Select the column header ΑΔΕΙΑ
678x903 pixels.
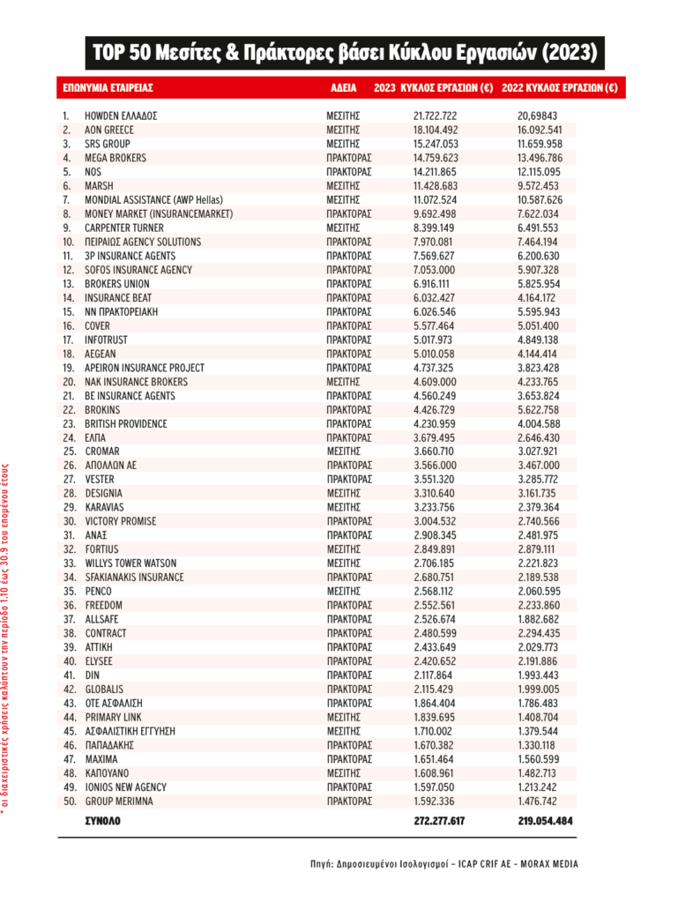(x=343, y=89)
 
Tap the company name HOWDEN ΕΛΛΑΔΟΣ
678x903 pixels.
(x=120, y=116)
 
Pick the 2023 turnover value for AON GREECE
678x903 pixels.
(x=436, y=130)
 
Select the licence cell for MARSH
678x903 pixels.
(x=343, y=186)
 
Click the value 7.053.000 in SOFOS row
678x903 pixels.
(x=436, y=270)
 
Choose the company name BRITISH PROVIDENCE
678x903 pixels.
(x=125, y=423)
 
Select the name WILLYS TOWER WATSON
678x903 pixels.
(x=130, y=563)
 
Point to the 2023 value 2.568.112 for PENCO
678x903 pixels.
(x=436, y=591)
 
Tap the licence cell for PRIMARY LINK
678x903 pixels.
(x=343, y=717)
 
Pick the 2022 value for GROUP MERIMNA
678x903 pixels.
(x=539, y=801)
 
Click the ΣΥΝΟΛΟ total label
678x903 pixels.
(x=102, y=821)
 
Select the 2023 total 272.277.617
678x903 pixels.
(x=439, y=821)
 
